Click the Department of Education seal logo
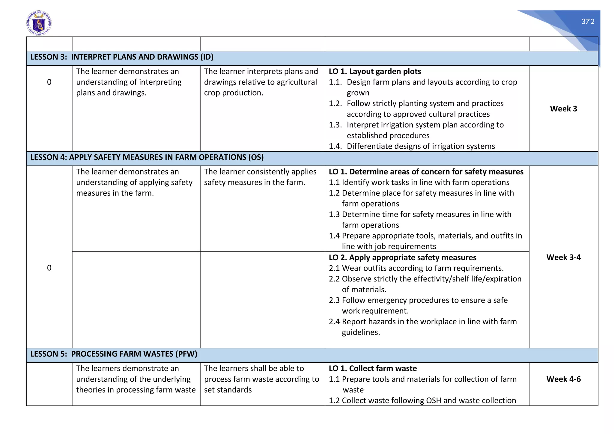coord(39,23)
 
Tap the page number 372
coord(588,22)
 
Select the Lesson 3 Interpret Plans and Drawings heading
coord(122,57)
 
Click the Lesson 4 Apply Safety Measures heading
coord(147,157)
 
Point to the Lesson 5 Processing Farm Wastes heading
coord(114,354)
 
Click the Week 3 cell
coord(563,109)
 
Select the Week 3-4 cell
coord(563,257)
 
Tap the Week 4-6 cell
coord(563,379)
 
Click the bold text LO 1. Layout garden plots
coord(375,71)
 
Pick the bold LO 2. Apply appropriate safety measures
coord(402,257)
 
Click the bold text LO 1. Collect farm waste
coord(373,368)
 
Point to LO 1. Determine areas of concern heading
coord(426,172)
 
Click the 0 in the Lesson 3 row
coord(49,82)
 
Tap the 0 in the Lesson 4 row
coord(49,268)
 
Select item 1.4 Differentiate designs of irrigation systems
coord(412,146)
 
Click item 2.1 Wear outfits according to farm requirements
coord(416,268)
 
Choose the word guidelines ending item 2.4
coord(361,332)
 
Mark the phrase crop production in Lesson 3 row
coord(234,93)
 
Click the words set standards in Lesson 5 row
coord(228,390)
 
